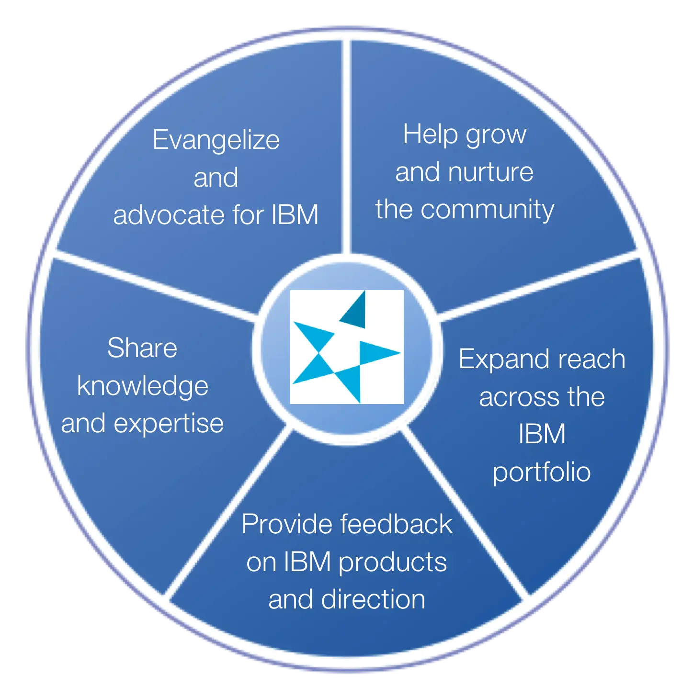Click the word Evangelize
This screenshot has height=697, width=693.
pyautogui.click(x=216, y=140)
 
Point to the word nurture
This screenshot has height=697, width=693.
pyautogui.click(x=491, y=172)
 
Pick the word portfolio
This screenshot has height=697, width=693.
pyautogui.click(x=542, y=472)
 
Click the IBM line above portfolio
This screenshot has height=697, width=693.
pyautogui.click(x=542, y=434)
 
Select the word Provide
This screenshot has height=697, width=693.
pyautogui.click(x=287, y=524)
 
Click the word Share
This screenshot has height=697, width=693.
pyautogui.click(x=142, y=348)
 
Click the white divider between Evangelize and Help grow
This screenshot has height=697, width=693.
pyautogui.click(x=346, y=146)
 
